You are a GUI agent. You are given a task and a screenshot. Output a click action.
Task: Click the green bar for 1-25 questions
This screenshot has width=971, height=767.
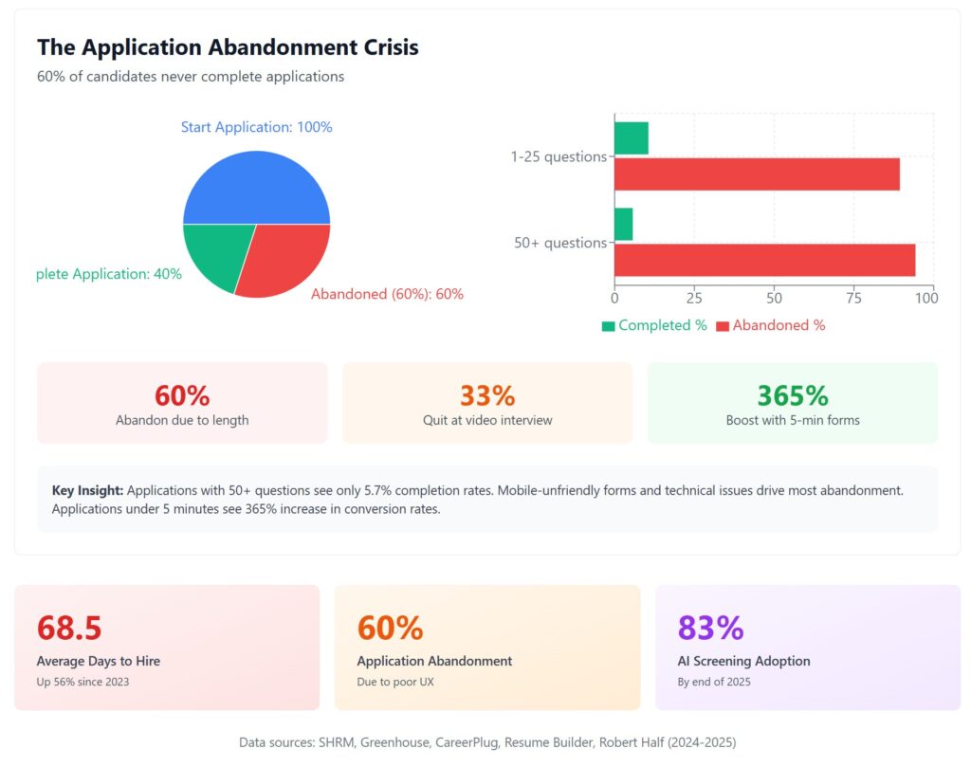632,138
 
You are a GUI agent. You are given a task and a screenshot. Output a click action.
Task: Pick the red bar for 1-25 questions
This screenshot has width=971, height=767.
757,174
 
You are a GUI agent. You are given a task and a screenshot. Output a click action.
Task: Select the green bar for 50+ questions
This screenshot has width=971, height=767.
624,225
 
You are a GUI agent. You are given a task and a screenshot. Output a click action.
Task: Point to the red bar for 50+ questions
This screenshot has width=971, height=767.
764,260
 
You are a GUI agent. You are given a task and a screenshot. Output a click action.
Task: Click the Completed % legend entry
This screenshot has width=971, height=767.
654,325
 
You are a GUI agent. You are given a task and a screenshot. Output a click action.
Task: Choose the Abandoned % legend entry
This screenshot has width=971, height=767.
770,325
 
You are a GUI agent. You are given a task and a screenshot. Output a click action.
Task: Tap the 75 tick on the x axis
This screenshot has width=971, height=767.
853,298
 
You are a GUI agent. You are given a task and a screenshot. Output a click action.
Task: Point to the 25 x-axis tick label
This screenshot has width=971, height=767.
694,298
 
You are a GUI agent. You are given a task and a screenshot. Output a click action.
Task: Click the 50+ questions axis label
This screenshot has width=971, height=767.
560,243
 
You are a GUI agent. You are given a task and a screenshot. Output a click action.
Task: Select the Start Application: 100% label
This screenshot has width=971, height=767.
256,127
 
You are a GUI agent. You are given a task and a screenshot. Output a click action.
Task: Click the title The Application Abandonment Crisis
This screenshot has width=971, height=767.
228,46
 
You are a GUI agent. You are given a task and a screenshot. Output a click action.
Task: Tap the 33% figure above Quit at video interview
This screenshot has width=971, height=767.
487,395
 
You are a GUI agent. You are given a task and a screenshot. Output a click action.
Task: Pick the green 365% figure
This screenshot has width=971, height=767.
793,395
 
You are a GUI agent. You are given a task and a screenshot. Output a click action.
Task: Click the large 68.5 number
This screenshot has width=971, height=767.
69,628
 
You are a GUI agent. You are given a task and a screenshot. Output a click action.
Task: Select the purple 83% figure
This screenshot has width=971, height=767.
710,628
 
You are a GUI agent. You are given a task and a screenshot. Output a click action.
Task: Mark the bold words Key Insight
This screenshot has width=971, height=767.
87,490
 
